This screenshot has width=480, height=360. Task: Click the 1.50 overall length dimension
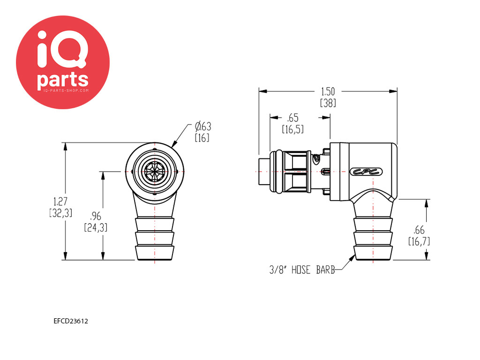(328, 91)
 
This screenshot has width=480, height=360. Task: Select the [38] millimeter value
(328, 103)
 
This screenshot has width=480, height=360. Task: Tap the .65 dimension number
(292, 118)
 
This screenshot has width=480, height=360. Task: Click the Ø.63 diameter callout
(203, 127)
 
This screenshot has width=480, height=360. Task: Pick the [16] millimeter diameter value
(202, 138)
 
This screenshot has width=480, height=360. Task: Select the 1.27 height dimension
(60, 202)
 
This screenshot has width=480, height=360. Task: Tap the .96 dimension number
(96, 216)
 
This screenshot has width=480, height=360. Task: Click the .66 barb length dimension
(419, 230)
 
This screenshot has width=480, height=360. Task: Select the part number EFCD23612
(71, 321)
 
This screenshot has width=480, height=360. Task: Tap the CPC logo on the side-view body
(366, 172)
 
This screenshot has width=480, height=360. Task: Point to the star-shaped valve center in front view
(155, 172)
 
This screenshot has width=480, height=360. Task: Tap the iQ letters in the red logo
(62, 49)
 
